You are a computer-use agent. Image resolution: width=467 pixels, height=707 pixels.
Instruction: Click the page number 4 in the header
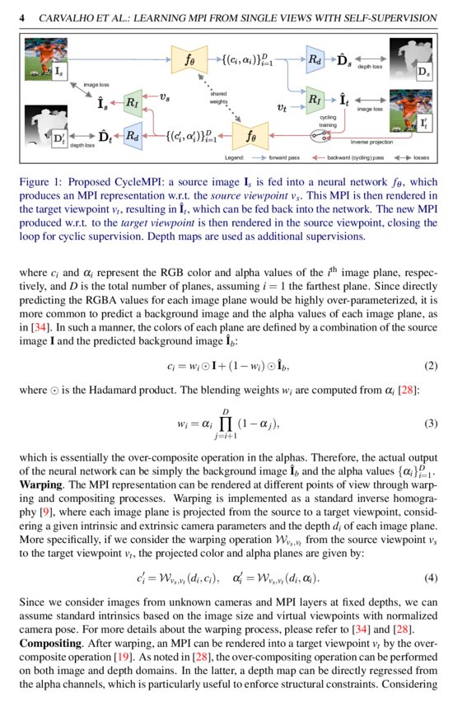pyautogui.click(x=22, y=17)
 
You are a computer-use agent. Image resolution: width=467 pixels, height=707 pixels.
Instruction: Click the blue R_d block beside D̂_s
pyautogui.click(x=315, y=59)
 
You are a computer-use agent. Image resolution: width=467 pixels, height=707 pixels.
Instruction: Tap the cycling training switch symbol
pyautogui.click(x=320, y=134)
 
